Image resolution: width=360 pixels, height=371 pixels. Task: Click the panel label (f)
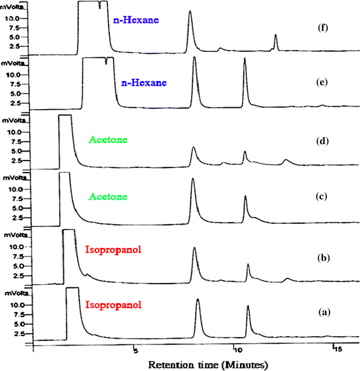[323, 28]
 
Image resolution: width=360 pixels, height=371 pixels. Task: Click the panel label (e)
[322, 82]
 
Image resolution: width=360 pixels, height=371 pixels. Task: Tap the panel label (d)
[323, 141]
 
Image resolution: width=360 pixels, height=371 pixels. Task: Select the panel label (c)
[321, 196]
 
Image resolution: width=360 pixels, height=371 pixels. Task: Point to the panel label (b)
[324, 257]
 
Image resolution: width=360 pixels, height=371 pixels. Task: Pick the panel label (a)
[324, 312]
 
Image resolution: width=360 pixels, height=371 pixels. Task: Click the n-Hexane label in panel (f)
[136, 20]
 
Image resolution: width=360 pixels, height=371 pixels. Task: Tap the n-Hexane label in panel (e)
[143, 82]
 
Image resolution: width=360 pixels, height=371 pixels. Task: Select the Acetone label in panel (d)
[108, 140]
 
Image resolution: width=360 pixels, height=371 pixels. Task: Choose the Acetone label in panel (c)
[108, 197]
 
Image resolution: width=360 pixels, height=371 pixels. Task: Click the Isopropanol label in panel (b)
[113, 250]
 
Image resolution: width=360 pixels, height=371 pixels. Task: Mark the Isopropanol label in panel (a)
[114, 305]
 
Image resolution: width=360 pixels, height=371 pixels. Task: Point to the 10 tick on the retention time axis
[238, 349]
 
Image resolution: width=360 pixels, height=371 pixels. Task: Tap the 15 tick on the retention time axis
[338, 349]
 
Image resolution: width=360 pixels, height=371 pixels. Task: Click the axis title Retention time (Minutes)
[208, 365]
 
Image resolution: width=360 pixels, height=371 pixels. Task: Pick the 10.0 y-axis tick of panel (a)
[17, 305]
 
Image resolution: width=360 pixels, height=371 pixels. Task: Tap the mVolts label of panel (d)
[14, 120]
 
